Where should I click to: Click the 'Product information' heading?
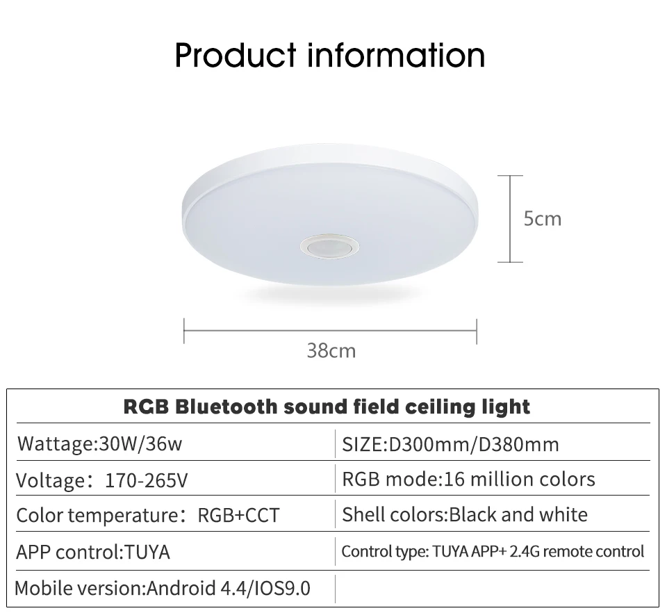point(330,55)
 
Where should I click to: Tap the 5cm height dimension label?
point(542,219)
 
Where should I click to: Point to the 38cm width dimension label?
point(331,350)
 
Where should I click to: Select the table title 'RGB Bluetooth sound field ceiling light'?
point(327,406)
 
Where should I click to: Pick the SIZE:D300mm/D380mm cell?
point(450,443)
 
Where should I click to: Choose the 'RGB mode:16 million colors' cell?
point(468,479)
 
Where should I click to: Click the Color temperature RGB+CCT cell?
point(147,515)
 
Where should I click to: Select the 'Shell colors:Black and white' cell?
point(464,514)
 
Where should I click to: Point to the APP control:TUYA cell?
point(93,552)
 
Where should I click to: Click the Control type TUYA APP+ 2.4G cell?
point(493,552)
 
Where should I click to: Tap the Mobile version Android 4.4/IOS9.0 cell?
point(163,588)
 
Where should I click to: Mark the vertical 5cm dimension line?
point(511,219)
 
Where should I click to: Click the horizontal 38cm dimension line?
point(330,331)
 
